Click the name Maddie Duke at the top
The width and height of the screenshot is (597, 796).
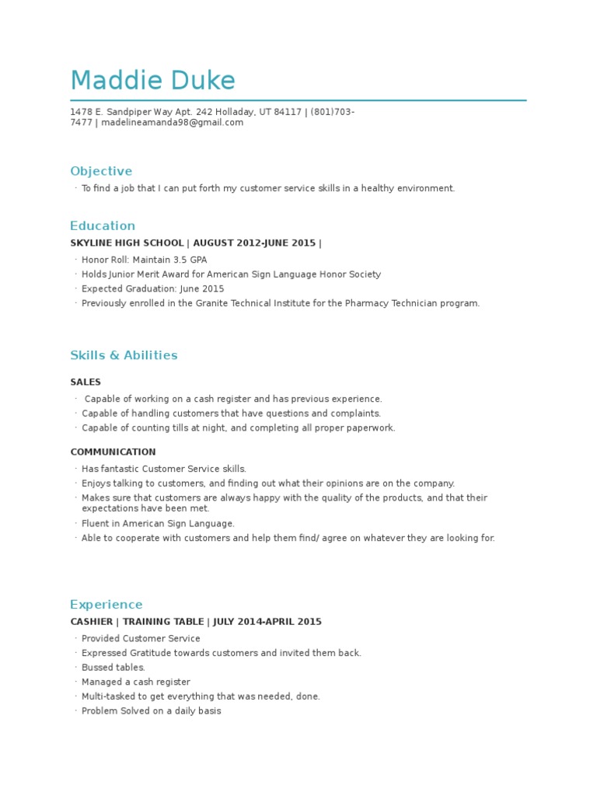click(x=152, y=80)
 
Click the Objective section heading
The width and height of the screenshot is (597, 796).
click(x=101, y=171)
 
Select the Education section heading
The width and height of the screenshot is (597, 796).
click(x=103, y=225)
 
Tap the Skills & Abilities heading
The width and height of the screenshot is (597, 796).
click(x=124, y=355)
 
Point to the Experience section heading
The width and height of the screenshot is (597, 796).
click(x=106, y=604)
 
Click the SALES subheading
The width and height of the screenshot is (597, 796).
click(x=86, y=382)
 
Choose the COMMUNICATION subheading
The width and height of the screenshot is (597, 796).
click(x=113, y=452)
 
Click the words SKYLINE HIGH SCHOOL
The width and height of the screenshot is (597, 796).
click(x=127, y=243)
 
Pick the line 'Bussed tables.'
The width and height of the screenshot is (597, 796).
click(x=113, y=668)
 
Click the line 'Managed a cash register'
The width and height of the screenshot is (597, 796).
click(x=136, y=682)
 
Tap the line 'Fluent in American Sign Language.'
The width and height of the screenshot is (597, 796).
click(x=158, y=524)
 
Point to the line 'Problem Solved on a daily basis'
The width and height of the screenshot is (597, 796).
click(x=152, y=710)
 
